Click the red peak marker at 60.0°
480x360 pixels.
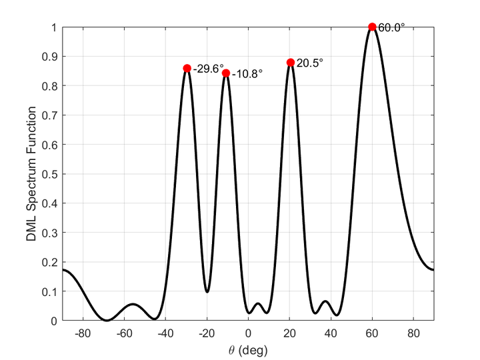[372, 27]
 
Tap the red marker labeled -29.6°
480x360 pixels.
[187, 68]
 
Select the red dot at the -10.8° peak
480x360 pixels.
[226, 73]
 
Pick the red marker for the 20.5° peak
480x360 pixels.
[291, 63]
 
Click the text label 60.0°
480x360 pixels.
[391, 28]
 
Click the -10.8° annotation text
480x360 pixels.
[247, 74]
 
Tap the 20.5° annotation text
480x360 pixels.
[310, 63]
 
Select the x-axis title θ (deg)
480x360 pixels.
[248, 349]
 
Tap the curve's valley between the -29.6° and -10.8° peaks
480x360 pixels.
[207, 291]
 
